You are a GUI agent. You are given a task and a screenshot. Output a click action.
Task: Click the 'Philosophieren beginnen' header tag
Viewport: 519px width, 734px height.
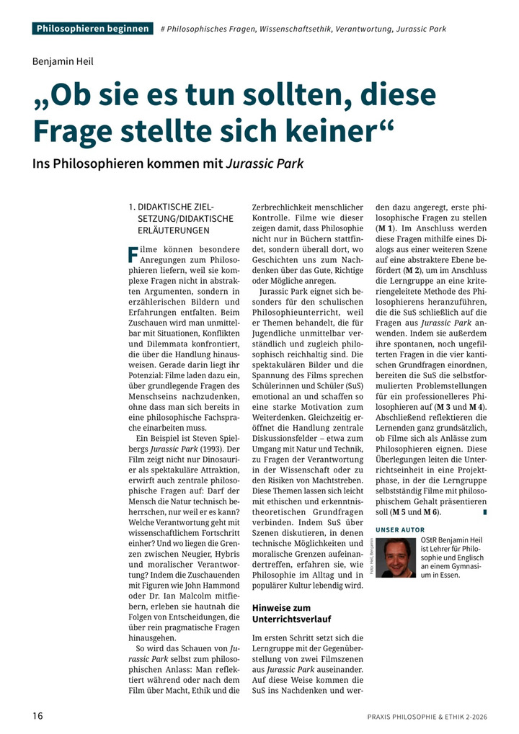click(x=93, y=29)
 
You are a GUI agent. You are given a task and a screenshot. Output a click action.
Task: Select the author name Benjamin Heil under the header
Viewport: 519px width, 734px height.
click(x=63, y=61)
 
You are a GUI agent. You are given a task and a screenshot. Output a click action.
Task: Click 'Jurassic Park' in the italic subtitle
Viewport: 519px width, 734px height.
click(x=265, y=164)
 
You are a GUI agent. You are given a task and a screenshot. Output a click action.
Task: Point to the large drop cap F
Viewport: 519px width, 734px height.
click(x=132, y=254)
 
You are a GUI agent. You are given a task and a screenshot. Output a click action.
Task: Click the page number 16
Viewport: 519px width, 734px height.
click(x=38, y=715)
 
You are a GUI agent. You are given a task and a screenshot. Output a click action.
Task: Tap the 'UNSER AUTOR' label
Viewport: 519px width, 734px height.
click(x=400, y=530)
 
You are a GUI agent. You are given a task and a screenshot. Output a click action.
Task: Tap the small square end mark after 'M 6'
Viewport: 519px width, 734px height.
click(x=485, y=512)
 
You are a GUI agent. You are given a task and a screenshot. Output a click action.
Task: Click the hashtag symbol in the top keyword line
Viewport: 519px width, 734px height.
click(x=164, y=30)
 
